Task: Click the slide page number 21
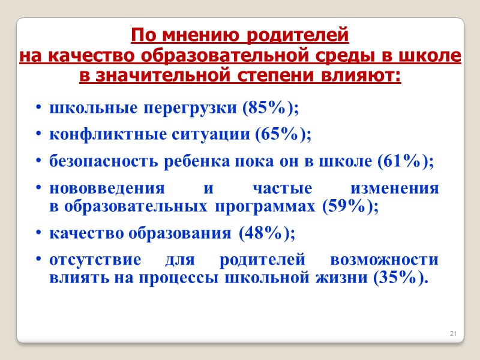point(453,334)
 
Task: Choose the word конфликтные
point(100,134)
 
